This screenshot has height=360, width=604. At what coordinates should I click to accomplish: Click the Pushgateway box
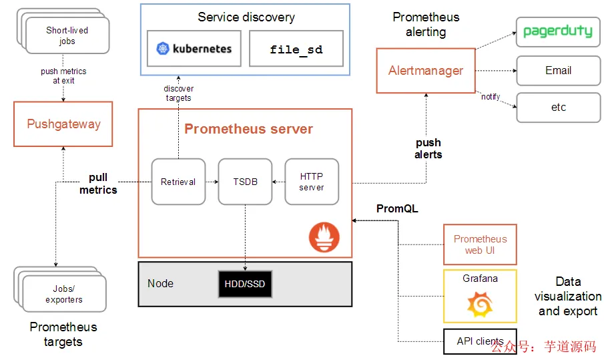(63, 124)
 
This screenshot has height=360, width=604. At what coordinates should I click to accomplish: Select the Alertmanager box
(426, 70)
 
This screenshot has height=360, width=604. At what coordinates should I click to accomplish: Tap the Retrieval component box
(178, 182)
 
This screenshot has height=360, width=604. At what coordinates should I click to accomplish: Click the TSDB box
(246, 182)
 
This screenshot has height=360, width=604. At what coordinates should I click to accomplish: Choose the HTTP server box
(312, 182)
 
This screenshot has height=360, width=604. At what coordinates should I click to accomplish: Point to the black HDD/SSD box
(245, 284)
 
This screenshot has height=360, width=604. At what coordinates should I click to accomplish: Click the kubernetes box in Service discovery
(194, 49)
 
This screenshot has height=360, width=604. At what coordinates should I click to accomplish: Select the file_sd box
(296, 49)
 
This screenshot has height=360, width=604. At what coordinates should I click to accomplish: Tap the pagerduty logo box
(558, 32)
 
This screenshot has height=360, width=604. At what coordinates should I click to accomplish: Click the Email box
(558, 70)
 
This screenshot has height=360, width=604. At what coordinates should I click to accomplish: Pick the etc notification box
(558, 108)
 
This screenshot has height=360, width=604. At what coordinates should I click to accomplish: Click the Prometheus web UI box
(480, 244)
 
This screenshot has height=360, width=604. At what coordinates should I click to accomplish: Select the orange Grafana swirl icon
(480, 306)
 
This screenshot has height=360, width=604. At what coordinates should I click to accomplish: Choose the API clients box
(480, 341)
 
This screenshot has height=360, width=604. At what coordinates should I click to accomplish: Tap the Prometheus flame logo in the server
(324, 238)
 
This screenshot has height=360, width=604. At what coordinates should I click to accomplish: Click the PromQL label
(397, 209)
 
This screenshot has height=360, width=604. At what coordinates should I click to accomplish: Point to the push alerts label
(428, 148)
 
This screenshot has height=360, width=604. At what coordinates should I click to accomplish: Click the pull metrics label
(98, 184)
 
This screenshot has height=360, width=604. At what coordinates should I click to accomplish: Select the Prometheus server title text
(248, 129)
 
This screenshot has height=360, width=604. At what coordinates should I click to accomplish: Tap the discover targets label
(178, 94)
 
